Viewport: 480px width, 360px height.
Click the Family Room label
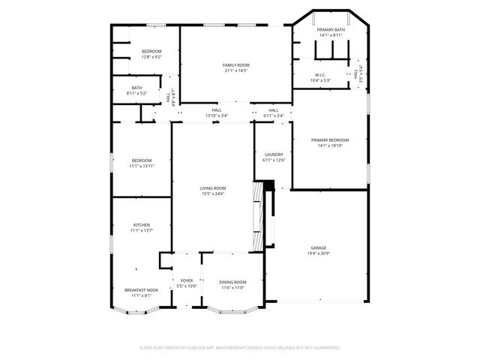235,65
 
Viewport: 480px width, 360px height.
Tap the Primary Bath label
330,30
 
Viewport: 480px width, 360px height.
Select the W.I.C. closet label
319,75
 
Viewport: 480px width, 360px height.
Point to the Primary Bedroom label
330,140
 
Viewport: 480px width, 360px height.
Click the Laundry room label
273,154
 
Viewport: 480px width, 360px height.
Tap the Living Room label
213,188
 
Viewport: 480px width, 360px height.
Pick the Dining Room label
232,282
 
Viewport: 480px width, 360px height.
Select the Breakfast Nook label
142,290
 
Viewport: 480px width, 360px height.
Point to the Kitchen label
142,225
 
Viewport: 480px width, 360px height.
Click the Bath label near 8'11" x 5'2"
137,88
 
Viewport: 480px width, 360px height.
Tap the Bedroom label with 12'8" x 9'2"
151,51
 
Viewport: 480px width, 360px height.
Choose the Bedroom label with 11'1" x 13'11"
142,160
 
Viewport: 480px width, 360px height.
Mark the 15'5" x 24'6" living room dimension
213,194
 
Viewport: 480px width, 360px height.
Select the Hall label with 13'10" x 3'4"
217,110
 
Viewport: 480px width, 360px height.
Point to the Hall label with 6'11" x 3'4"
273,110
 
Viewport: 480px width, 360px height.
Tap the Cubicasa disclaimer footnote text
240,348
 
